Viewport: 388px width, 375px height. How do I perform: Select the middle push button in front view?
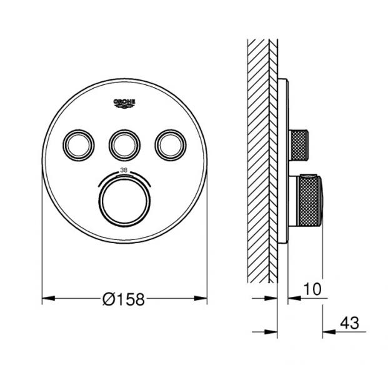pyautogui.click(x=124, y=145)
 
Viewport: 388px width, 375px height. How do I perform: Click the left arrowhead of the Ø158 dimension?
pyautogui.click(x=45, y=300)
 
